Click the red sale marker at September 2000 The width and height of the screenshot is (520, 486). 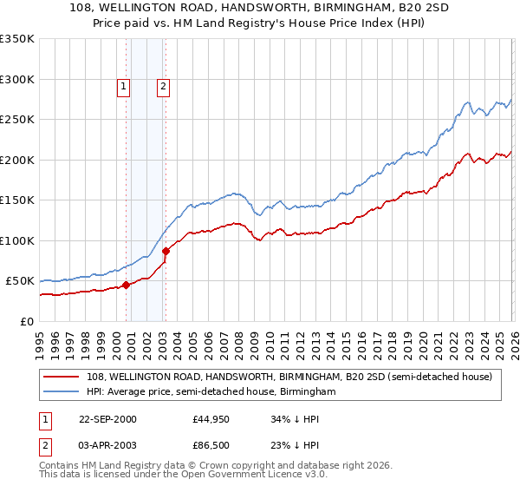pos(127,285)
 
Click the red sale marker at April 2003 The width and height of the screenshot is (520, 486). pos(166,252)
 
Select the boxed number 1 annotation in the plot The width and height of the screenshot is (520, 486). pos(124,86)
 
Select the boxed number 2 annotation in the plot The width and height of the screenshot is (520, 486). pos(163,86)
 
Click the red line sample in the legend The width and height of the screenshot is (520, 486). pos(62,377)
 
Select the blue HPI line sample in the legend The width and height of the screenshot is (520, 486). pos(62,391)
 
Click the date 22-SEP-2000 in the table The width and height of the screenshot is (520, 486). pos(107,419)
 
